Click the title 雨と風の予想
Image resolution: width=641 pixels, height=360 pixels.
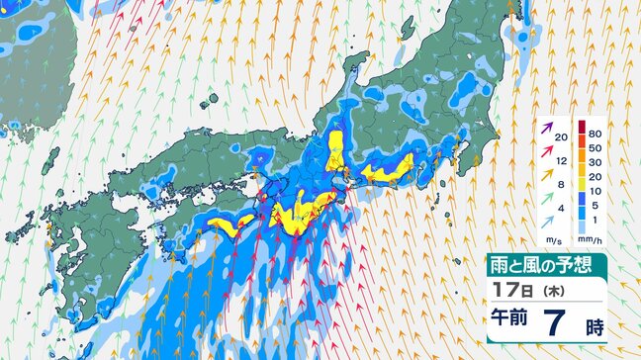tap(545, 265)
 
